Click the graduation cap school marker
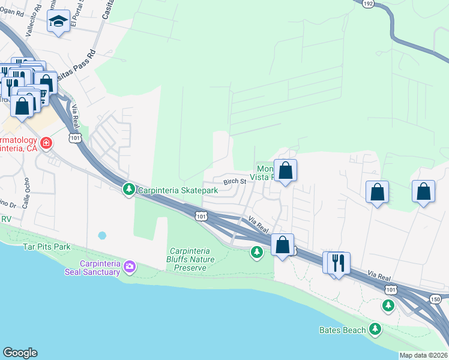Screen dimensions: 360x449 pos(58,22)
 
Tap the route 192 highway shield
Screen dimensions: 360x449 pos(367,3)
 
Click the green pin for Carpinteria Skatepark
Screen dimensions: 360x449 pos(128,190)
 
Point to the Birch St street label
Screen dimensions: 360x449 pos(235,181)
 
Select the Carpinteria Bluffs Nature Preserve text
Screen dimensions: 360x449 pos(197,260)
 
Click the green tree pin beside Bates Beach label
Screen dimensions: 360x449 pos(375,329)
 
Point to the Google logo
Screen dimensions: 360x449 pos(20,353)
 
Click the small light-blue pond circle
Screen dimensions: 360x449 pos(101,235)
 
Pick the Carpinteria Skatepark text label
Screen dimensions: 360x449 pos(177,190)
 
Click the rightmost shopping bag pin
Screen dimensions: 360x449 pos(424,192)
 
